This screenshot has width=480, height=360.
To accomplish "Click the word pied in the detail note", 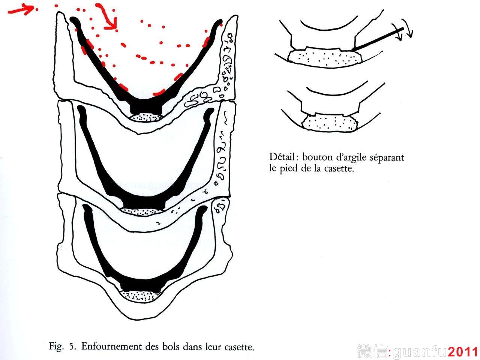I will click(288, 169).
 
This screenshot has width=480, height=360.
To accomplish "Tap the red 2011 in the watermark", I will click(463, 352).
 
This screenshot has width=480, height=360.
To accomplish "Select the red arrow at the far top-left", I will click(21, 10).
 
